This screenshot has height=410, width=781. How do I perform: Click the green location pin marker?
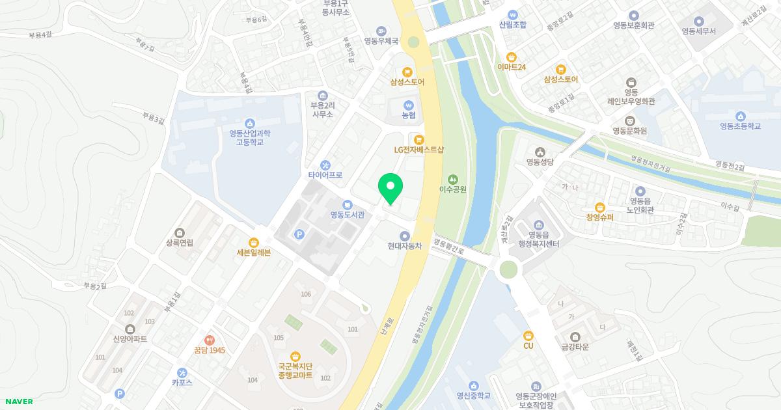pyautogui.click(x=390, y=187)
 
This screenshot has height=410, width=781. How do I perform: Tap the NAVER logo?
pyautogui.click(x=17, y=402)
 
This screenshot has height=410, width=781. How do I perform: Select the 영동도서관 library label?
pyautogui.click(x=347, y=215)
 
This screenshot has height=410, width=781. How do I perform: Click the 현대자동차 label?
pyautogui.click(x=405, y=246)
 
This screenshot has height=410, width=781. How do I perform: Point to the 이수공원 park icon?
pyautogui.click(x=453, y=179)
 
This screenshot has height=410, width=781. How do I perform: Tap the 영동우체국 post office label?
pyautogui.click(x=381, y=40)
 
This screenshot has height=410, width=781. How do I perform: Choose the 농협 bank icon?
pyautogui.click(x=409, y=104)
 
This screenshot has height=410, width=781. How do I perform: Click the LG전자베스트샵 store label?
pyautogui.click(x=418, y=149)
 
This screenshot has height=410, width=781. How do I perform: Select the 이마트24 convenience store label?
pyautogui.click(x=511, y=67)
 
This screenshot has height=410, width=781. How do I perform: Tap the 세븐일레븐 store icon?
pyautogui.click(x=254, y=242)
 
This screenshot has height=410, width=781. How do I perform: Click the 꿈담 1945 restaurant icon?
pyautogui.click(x=209, y=340)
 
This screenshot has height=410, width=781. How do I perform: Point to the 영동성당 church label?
pyautogui.click(x=540, y=162)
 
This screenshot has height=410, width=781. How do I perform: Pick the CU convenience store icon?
pyautogui.click(x=528, y=335)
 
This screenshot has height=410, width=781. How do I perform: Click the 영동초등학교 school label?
pyautogui.click(x=740, y=126)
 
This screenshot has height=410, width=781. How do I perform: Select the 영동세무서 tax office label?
pyautogui.click(x=698, y=31)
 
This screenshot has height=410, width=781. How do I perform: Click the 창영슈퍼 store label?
pyautogui.click(x=599, y=217)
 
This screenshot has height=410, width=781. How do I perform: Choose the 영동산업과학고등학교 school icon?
pyautogui.click(x=249, y=123)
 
